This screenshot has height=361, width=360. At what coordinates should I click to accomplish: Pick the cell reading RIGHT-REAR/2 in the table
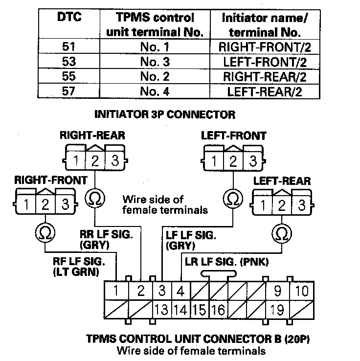(265, 77)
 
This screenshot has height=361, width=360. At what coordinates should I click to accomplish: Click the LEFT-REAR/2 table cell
(265, 91)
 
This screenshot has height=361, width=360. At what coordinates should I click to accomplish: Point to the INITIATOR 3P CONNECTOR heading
(164, 115)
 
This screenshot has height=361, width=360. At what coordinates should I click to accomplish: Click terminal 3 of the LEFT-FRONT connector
(252, 160)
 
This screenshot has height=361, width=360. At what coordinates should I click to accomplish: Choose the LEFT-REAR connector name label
(282, 180)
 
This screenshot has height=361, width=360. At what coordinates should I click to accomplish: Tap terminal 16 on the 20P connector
(219, 310)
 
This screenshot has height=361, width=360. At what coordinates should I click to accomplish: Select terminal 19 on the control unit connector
(277, 310)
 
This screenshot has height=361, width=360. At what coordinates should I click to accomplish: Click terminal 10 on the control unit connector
(302, 292)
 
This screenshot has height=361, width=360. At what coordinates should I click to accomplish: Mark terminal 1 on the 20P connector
(116, 292)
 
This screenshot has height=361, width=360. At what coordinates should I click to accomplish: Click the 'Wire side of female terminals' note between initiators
(165, 204)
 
